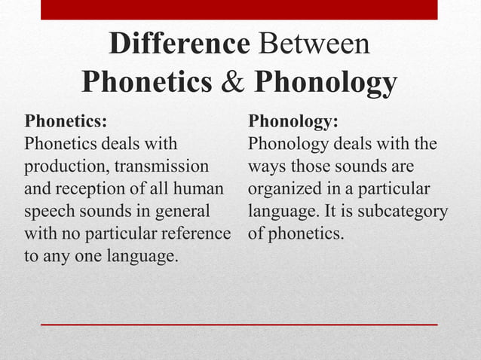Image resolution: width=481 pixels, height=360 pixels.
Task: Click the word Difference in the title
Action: click(x=179, y=44)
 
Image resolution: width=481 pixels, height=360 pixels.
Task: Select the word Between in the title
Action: click(x=315, y=44)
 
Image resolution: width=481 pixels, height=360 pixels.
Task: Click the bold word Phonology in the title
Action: click(x=325, y=82)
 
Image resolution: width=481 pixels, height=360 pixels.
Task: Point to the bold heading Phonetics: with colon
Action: click(x=66, y=122)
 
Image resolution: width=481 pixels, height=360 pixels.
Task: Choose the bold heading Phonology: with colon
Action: click(x=293, y=122)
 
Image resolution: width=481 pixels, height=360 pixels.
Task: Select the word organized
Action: click(x=283, y=189)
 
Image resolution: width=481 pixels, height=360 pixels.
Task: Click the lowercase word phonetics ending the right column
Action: click(x=307, y=234)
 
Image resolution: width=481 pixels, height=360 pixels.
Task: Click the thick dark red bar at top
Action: click(x=238, y=9)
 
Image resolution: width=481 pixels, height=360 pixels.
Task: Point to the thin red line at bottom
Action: click(x=238, y=324)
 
